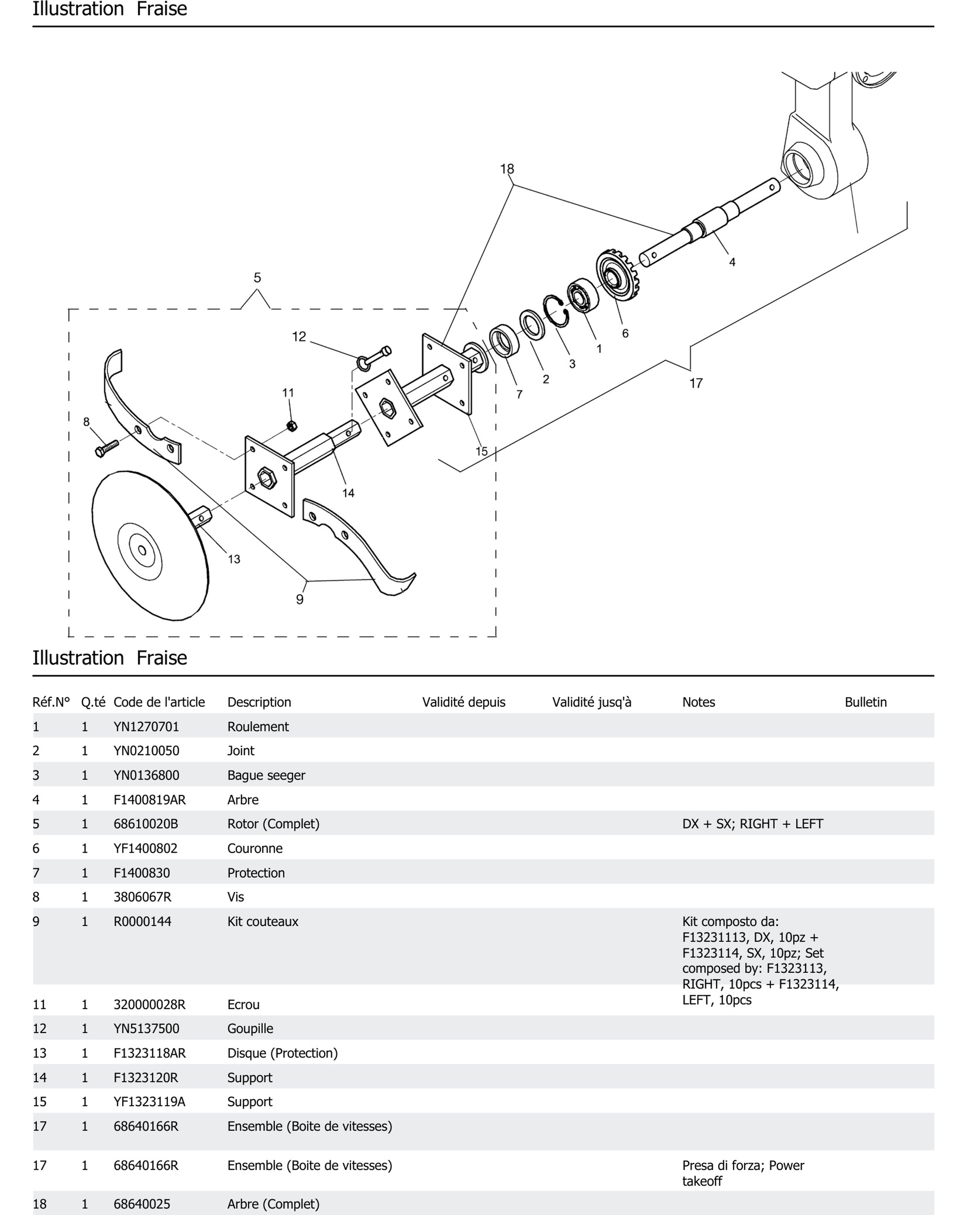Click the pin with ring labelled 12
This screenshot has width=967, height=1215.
(373, 358)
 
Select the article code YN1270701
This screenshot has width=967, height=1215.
(146, 727)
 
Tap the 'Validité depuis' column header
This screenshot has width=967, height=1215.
(463, 702)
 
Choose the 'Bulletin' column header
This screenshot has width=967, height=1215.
(865, 702)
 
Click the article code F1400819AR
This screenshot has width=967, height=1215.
(149, 800)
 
